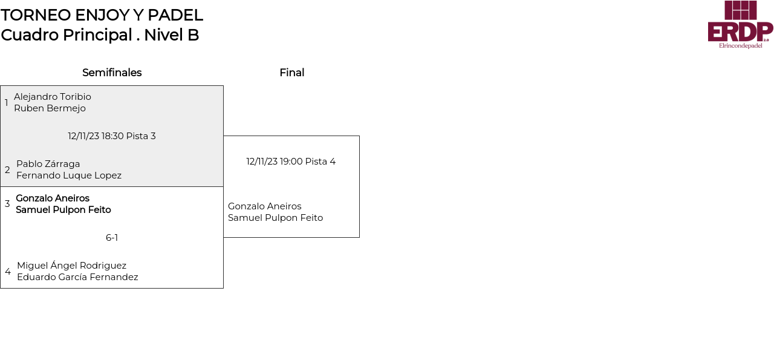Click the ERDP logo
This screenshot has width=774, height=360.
coord(740,24)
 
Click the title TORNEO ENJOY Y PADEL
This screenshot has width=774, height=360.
coord(102,15)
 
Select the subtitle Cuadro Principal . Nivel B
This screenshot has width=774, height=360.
coord(100,35)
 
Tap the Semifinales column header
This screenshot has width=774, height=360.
coord(112,73)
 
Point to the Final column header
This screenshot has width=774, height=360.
coord(291,73)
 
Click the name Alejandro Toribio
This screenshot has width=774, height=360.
coord(53,97)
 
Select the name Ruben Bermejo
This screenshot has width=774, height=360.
coord(50,108)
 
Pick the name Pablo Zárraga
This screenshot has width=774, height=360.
coord(48,164)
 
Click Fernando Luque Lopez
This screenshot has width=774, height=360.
coord(69,175)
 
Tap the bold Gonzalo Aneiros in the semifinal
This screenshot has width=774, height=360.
coord(53,198)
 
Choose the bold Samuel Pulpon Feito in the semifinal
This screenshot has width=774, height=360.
coord(63,210)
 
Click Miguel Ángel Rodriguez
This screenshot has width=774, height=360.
coord(71,266)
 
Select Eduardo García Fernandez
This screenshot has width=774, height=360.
coord(77,277)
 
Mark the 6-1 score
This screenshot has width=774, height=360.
coord(112,238)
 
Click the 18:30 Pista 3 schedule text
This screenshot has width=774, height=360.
coord(112,136)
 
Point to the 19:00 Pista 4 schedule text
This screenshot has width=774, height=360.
coord(291,162)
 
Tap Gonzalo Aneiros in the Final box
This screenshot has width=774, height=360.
coord(264,206)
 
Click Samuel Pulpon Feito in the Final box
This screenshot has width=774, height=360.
coord(275,218)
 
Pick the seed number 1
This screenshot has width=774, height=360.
coord(7,103)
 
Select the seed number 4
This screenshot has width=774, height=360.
coord(8,272)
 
